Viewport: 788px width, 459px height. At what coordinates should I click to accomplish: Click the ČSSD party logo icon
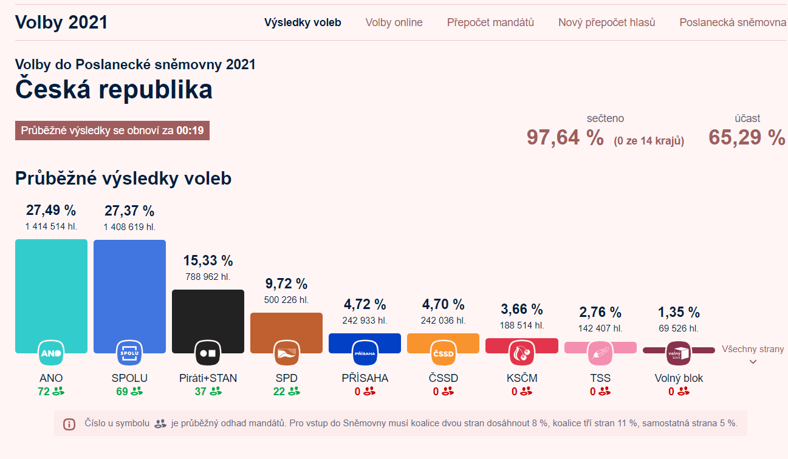(443, 353)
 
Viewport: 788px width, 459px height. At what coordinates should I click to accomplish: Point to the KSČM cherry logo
(521, 353)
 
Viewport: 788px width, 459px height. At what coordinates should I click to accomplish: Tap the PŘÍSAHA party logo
(365, 353)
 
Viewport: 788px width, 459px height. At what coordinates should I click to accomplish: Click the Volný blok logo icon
(678, 353)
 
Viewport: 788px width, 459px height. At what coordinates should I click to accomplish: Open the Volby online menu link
(394, 22)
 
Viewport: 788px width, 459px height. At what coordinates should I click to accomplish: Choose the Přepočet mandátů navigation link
(490, 22)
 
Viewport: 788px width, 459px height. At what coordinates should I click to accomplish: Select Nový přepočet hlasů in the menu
(606, 22)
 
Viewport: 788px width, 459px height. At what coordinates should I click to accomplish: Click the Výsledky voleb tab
(303, 22)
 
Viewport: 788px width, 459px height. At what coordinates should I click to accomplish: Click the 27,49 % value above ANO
(51, 211)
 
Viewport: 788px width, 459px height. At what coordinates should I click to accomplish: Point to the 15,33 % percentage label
(208, 261)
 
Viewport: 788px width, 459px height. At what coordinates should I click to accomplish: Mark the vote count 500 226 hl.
(286, 299)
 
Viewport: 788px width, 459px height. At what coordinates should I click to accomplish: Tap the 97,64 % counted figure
(565, 138)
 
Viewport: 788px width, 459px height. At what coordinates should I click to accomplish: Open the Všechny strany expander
(753, 355)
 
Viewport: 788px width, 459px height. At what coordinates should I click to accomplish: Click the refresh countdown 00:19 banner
(112, 131)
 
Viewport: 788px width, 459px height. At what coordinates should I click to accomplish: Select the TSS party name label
(600, 378)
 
